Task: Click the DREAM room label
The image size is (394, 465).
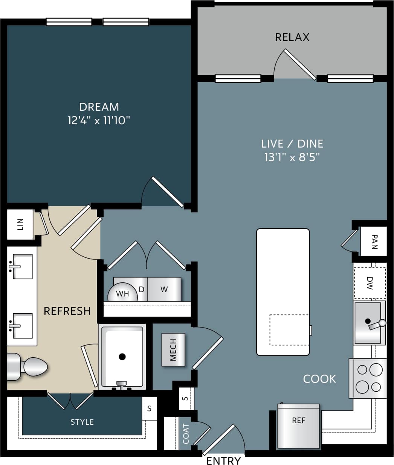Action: pos(99,107)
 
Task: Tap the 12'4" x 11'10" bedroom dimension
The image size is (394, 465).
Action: pos(99,120)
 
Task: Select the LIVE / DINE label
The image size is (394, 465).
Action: pos(292,143)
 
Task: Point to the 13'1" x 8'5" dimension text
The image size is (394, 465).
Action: pos(292,157)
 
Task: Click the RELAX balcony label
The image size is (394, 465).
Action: pos(292,37)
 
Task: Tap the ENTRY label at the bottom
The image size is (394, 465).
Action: pos(223,460)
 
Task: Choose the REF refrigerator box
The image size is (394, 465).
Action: pos(299,425)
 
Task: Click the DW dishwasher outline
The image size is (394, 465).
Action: pos(370,283)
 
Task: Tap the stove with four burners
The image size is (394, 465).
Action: pos(368,378)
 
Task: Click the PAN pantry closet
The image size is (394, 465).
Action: pos(374,241)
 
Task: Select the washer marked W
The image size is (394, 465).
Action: pos(164,289)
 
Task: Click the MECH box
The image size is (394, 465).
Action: pos(173,350)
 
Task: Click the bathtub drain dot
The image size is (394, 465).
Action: pos(122,356)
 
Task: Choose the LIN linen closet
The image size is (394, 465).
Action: pos(20,224)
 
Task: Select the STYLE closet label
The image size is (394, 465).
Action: pos(82,422)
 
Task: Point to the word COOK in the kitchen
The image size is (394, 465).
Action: pos(319,379)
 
